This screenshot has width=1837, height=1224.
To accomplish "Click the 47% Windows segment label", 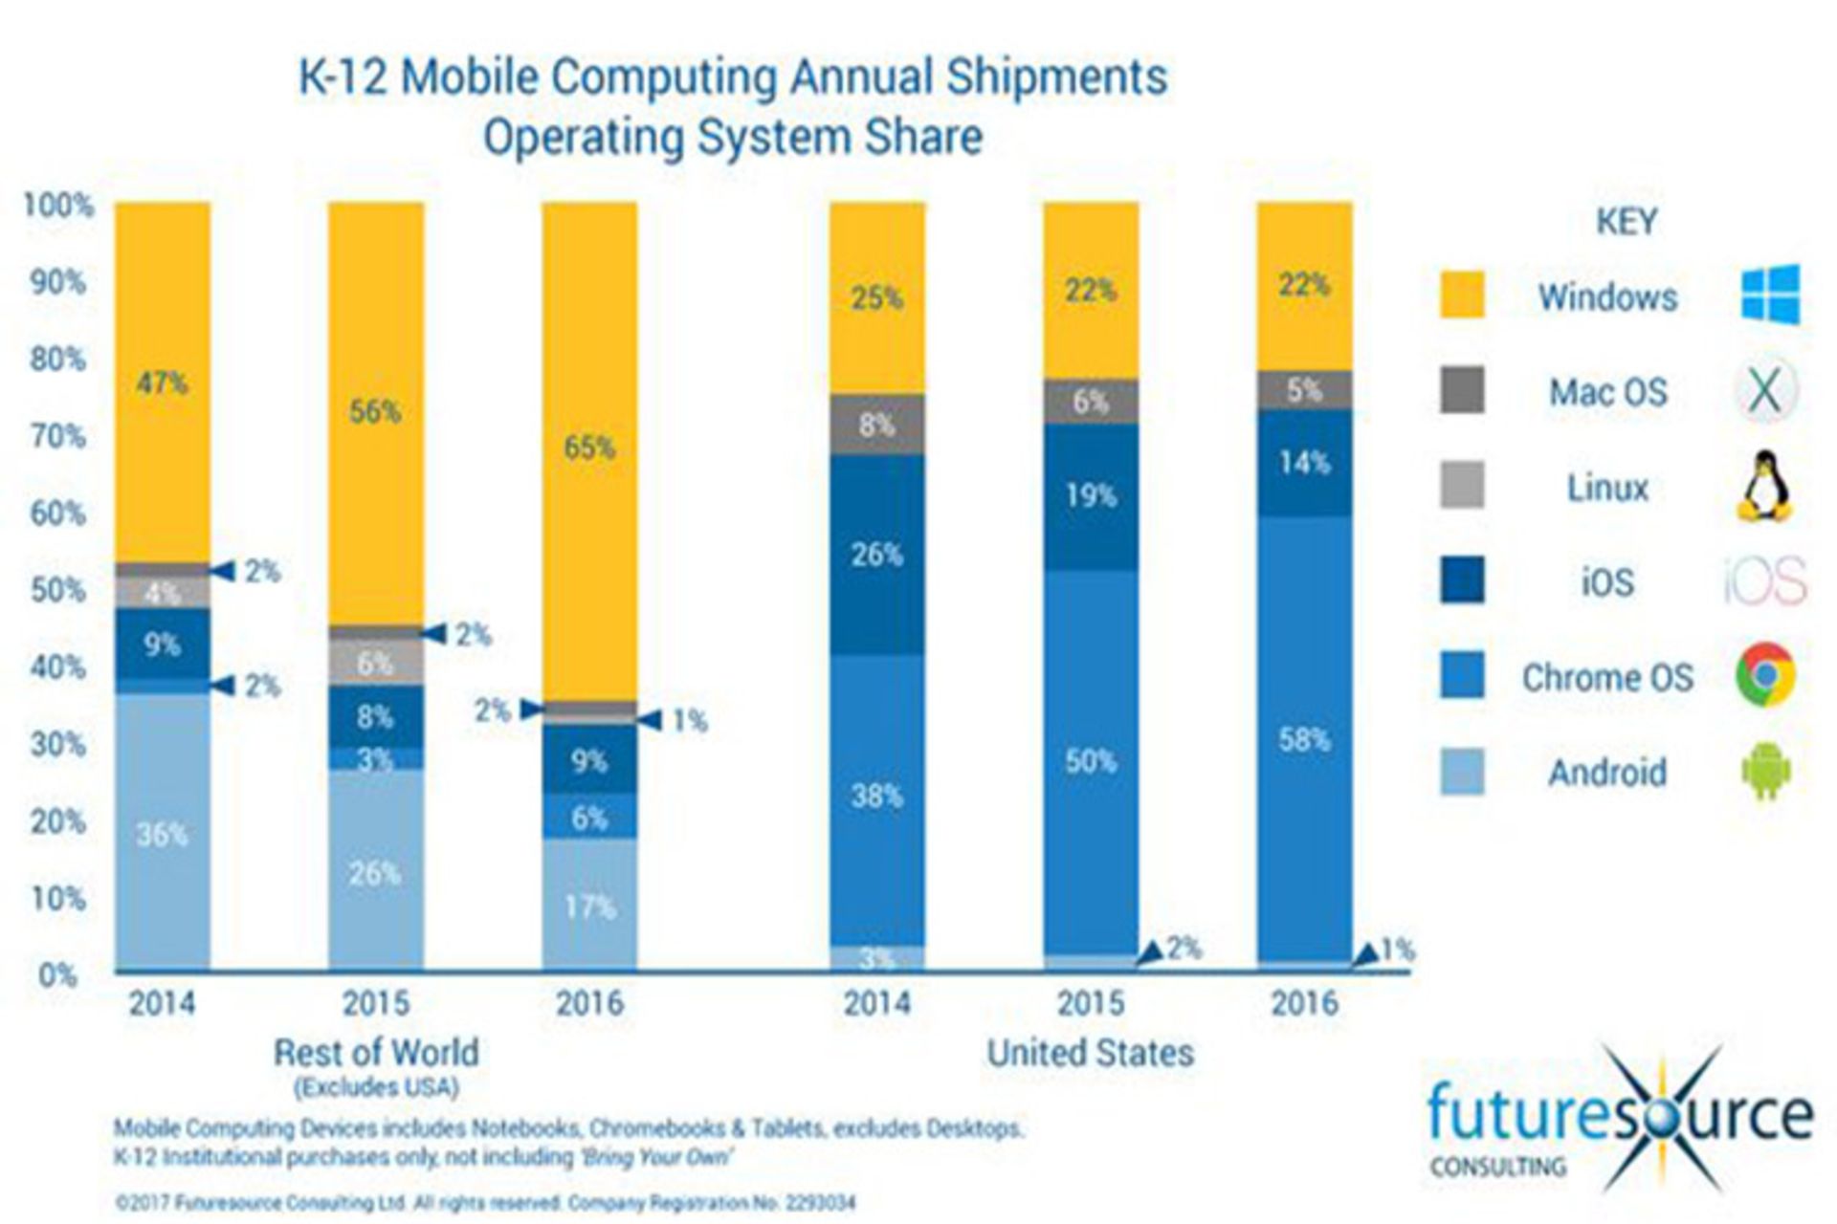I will tap(162, 383).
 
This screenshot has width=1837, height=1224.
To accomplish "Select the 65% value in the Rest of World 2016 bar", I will tap(589, 447).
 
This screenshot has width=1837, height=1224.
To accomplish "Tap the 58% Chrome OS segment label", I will tap(1304, 739).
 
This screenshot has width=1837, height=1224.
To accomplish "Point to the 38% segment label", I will tap(876, 795).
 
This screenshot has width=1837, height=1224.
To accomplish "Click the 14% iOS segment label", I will tap(1304, 463).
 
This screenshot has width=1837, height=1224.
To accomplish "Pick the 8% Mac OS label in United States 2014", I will tap(876, 425).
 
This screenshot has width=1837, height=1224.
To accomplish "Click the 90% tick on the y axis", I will tap(57, 282).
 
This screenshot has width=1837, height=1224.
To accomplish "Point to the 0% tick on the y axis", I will tap(57, 975).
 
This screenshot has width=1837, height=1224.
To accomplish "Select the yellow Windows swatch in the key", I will tap(1462, 295).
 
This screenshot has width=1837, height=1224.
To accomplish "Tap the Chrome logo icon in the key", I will tap(1765, 675).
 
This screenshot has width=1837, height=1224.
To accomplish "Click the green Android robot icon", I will tap(1765, 771).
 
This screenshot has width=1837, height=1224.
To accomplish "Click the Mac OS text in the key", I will tap(1608, 392).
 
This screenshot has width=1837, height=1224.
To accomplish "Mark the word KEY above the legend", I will tap(1626, 222).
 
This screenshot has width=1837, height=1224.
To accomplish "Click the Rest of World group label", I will tap(376, 1052).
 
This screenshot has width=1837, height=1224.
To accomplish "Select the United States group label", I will tap(1090, 1052).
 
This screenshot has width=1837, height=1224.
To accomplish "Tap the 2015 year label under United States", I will tap(1090, 1003).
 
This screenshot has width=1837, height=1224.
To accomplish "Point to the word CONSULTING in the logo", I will tap(1497, 1167).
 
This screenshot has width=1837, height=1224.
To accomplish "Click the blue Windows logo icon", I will tap(1770, 295).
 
